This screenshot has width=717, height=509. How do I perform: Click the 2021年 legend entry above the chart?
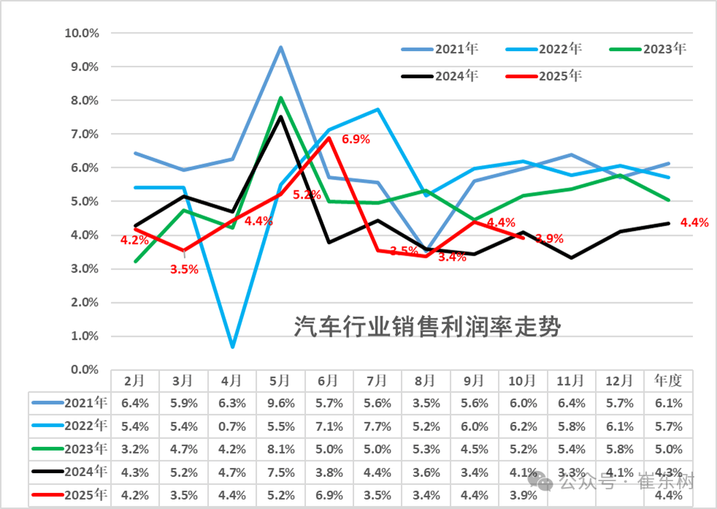(456, 50)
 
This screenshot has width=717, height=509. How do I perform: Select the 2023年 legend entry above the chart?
(664, 50)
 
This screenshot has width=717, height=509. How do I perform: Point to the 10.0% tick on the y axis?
(82, 33)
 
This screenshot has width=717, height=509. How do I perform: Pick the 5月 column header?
(280, 380)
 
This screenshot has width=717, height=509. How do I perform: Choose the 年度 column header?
(668, 380)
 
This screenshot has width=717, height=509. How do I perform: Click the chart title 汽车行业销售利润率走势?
(427, 326)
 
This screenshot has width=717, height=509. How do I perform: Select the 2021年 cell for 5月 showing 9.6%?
(280, 402)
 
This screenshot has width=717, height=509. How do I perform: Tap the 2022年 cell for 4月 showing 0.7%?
(231, 426)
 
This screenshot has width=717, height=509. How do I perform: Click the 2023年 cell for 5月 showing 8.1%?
(280, 449)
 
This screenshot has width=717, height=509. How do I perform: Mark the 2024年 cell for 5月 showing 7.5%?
(280, 472)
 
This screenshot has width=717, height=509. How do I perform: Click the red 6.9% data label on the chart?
(356, 139)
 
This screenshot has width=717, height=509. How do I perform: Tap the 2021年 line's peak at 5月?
(280, 47)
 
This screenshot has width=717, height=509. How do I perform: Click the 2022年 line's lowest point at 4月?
(232, 346)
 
